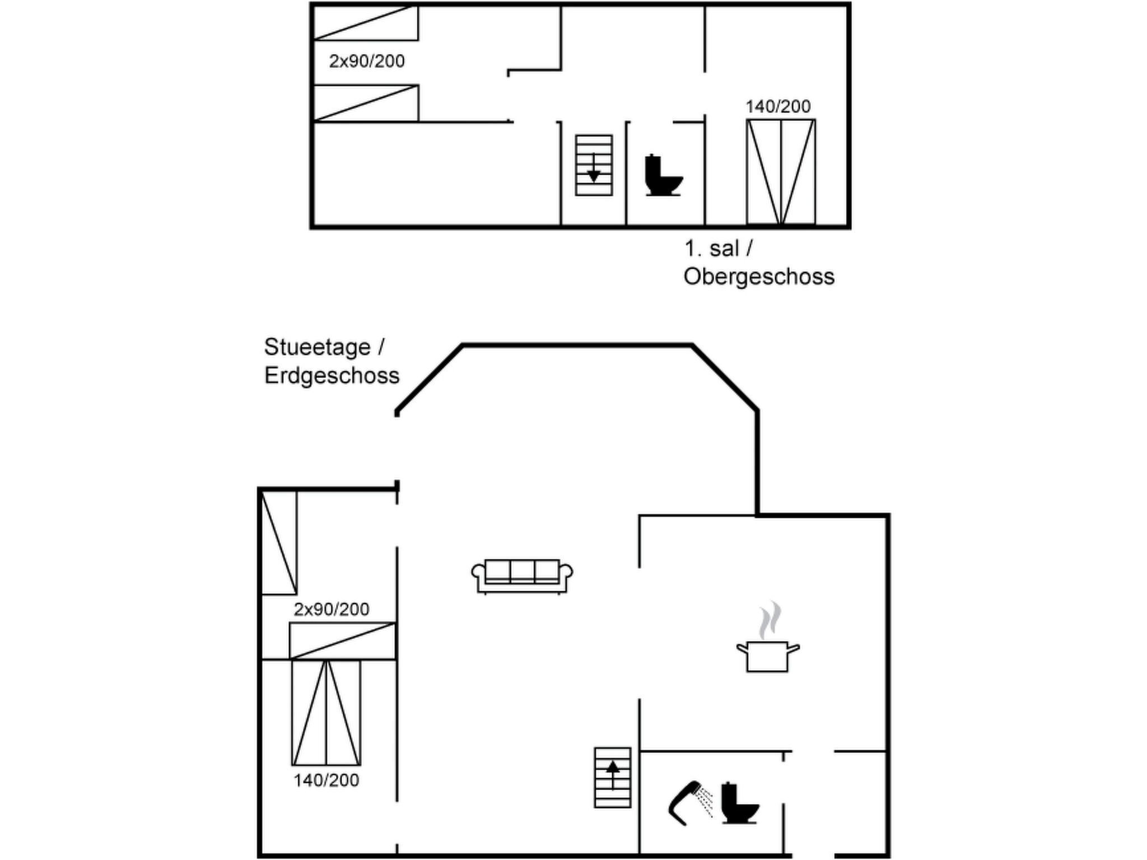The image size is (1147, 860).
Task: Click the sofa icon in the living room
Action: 522,576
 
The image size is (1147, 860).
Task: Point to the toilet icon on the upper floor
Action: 663,175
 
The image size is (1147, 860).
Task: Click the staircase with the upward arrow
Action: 612,777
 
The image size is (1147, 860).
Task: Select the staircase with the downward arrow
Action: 594,165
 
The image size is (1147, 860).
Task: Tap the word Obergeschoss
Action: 759,277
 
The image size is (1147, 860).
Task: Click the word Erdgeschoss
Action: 332,375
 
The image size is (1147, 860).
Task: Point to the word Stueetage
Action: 317,347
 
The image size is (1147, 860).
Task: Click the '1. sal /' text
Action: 719,248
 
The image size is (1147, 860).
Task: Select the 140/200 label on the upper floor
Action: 778,106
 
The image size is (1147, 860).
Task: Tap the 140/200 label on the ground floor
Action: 326,780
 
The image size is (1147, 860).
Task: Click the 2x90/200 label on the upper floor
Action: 367,61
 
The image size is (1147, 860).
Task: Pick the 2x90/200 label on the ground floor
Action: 332,609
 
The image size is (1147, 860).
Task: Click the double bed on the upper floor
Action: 781,172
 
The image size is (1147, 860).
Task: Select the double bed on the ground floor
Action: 327,712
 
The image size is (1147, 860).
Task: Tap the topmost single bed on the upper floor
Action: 366,24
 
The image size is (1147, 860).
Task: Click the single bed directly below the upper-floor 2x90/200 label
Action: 366,103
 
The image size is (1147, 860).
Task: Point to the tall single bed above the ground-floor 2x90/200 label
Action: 279,543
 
